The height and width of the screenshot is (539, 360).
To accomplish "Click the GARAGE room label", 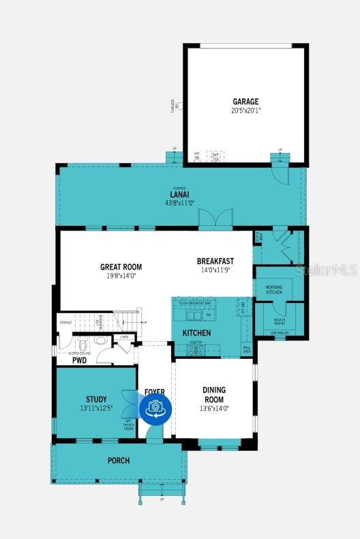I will tap(245, 102).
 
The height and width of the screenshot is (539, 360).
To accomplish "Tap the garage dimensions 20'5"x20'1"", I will tap(245, 110).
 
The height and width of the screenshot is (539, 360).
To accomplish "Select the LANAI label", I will tap(179, 194).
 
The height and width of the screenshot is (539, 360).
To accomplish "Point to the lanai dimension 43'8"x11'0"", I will tap(179, 203).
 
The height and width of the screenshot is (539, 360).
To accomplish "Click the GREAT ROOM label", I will tap(121, 267).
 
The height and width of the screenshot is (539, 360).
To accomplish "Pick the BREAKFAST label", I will tap(215, 261).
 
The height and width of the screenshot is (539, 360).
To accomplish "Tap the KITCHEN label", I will tap(196, 333).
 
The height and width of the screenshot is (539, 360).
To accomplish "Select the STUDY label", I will tap(96, 399).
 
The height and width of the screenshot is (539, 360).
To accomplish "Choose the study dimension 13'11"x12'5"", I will tap(96, 408).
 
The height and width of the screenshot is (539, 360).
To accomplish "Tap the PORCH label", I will tap(118, 461).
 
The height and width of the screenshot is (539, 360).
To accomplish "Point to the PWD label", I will tap(79, 360).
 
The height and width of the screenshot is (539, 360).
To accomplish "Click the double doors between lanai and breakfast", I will tap(210, 218).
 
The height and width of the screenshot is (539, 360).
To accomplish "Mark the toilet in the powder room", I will tap(100, 340).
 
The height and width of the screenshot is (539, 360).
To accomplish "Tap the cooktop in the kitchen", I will tap(196, 349).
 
